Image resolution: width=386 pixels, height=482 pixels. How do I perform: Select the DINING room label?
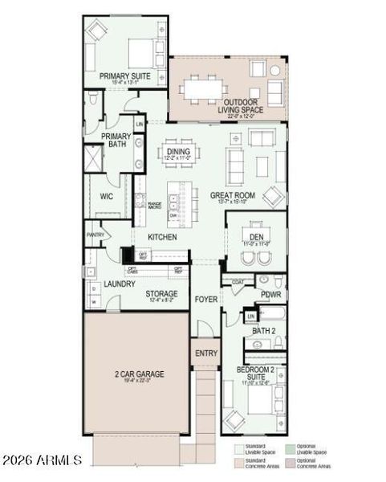[177, 151]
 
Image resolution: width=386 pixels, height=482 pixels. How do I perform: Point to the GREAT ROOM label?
[232, 195]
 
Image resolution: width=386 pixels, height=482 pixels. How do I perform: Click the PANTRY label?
[96, 235]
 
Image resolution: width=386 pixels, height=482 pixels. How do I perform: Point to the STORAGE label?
[161, 294]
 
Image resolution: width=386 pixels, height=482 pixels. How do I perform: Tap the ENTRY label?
[205, 353]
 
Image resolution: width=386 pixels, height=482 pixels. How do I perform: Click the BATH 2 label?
[263, 330]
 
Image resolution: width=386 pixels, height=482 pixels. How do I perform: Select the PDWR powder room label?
[270, 295]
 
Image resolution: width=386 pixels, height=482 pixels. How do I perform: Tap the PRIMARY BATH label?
[116, 140]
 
